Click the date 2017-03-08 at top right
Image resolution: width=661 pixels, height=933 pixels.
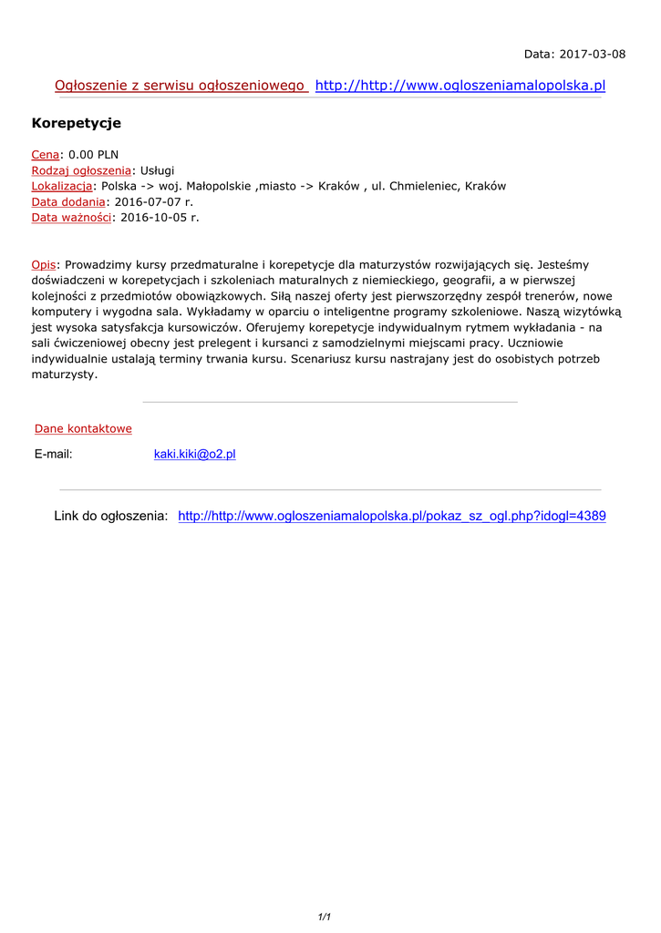tap(593, 54)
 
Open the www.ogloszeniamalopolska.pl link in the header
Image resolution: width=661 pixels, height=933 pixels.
tap(460, 86)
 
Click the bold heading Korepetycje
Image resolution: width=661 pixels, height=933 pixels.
tap(77, 123)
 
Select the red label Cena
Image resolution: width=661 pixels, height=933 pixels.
tap(46, 155)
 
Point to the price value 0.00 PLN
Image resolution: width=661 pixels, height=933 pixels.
tap(94, 155)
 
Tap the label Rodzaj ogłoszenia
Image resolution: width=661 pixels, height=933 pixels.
tap(81, 170)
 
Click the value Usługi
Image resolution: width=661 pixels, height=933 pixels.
tap(157, 170)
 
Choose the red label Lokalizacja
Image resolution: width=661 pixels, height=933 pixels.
tap(61, 186)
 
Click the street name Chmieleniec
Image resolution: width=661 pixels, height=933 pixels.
tap(424, 186)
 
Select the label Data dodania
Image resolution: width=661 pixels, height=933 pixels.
tap(68, 201)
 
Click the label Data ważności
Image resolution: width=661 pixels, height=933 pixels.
tap(71, 217)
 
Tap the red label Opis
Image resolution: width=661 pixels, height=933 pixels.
tap(44, 264)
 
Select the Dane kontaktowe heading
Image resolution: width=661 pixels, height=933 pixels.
tap(83, 428)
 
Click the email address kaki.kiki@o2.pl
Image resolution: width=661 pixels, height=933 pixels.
tap(194, 454)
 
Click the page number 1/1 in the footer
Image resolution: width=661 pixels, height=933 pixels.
tap(324, 918)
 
